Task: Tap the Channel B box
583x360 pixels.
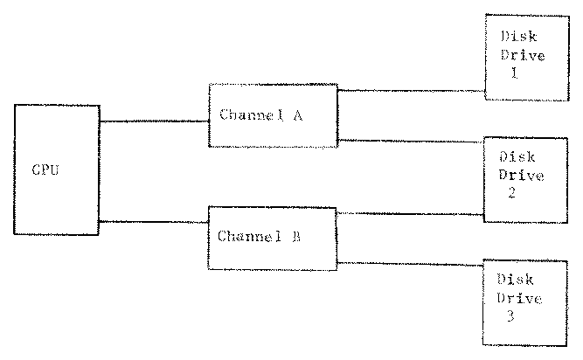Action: [x=272, y=237]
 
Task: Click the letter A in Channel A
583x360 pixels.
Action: [x=298, y=115]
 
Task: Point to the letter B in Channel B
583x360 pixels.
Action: [x=297, y=236]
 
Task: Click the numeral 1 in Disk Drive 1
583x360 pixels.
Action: [x=515, y=74]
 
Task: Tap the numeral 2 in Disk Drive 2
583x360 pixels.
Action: [x=510, y=193]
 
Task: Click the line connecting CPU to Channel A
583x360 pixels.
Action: [x=154, y=121]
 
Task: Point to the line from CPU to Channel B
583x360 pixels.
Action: [x=154, y=222]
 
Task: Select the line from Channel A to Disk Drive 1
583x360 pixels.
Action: [x=411, y=89]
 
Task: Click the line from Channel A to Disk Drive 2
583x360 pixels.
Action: [x=411, y=140]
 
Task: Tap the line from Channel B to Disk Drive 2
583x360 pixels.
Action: [x=411, y=213]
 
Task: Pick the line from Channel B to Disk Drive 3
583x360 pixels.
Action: [x=411, y=262]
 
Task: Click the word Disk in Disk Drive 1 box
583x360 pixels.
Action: [x=518, y=38]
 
